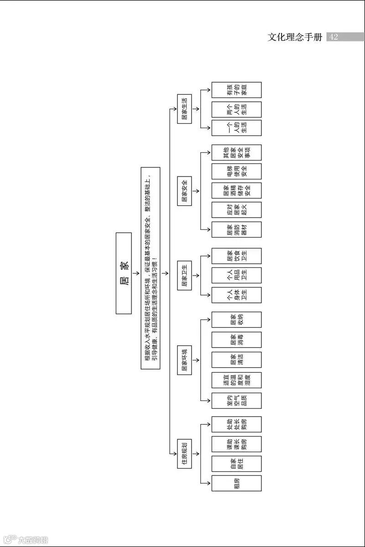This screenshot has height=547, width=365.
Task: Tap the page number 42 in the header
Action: coord(334,37)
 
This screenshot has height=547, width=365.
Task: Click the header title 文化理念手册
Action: coord(295,37)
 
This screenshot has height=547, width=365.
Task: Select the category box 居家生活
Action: coord(184,109)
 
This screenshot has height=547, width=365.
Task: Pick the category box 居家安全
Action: coord(184,191)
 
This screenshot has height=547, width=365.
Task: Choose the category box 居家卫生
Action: coord(184,276)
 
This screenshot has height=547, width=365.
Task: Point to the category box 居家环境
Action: coord(184,361)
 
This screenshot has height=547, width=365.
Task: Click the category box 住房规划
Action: coord(184,454)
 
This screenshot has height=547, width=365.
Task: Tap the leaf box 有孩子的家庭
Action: coord(236,90)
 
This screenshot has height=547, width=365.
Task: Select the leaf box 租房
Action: coord(236,483)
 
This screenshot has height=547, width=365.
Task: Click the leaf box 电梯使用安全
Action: coord(236,171)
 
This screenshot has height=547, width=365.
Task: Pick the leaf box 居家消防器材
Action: coord(236,229)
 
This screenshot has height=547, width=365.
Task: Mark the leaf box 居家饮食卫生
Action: coord(236,256)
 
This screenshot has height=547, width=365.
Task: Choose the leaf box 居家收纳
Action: coord(236,319)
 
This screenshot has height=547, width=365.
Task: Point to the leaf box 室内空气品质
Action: coord(236,401)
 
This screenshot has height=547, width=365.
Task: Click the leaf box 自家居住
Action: coord(236,464)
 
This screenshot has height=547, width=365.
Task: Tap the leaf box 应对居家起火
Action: coord(236,210)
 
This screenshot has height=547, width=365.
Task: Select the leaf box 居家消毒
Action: coord(236,339)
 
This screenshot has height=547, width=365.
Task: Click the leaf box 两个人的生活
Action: coord(236,109)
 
